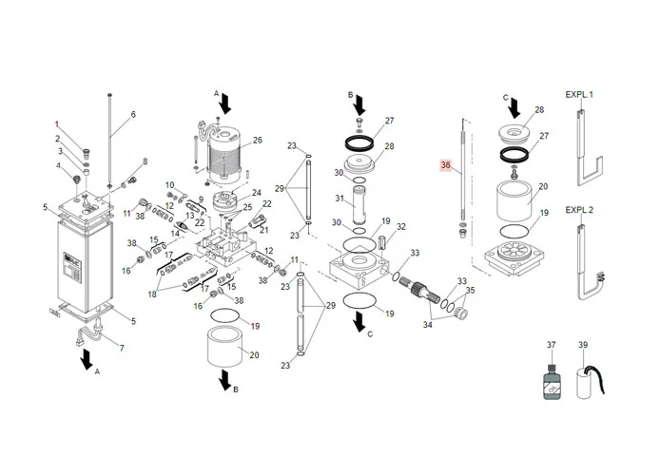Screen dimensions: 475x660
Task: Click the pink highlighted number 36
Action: tap(446, 165)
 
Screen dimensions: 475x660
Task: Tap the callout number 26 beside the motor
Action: tap(257, 141)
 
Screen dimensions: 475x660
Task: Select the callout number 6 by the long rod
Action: tap(133, 115)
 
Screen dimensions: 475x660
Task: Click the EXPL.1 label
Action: tap(579, 96)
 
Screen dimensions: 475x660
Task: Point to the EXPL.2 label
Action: tap(579, 209)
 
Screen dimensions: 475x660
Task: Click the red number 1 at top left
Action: tap(57, 124)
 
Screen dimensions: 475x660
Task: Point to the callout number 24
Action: tap(257, 192)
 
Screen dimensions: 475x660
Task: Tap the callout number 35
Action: tap(470, 290)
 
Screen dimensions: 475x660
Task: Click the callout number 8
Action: tap(146, 161)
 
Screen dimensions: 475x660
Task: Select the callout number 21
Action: tap(265, 230)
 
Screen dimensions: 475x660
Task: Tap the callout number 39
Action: tap(584, 345)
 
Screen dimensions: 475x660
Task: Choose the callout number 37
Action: tap(551, 345)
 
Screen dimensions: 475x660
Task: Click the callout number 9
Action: tap(201, 199)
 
